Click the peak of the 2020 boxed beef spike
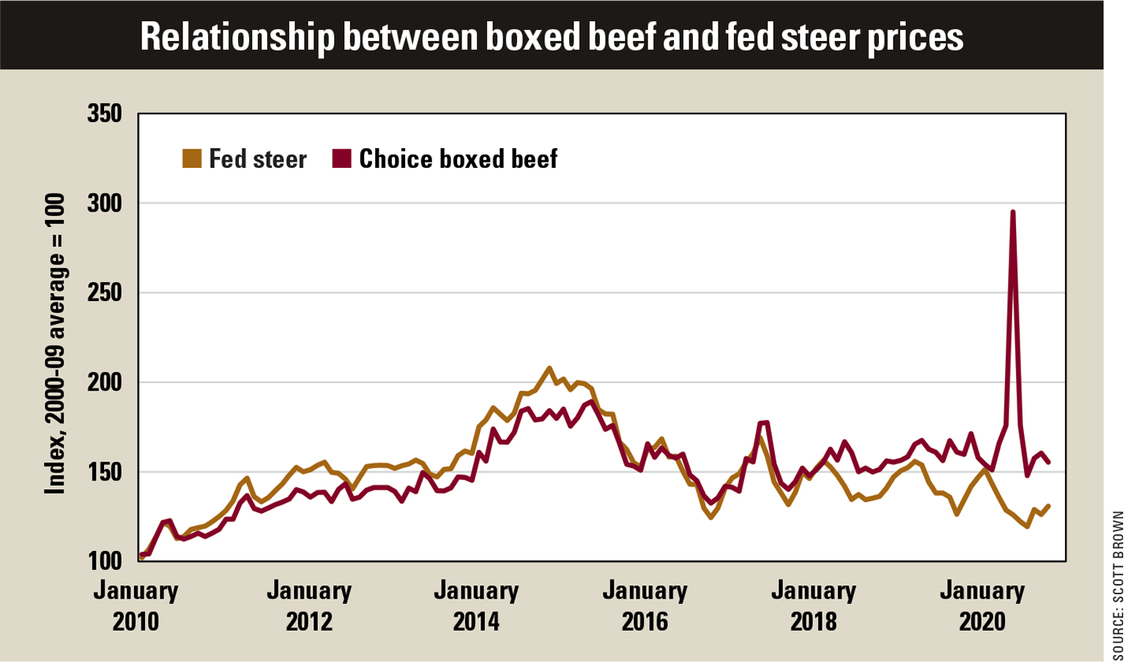[x=1012, y=212]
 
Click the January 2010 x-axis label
[x=136, y=606]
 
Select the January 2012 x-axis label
[x=308, y=606]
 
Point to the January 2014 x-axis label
[x=476, y=606]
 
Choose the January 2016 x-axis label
[x=645, y=606]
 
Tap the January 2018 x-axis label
[x=813, y=606]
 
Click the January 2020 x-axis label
[x=982, y=606]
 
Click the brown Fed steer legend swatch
[x=192, y=159]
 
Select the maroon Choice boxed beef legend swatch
[x=342, y=159]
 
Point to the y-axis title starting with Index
[x=55, y=344]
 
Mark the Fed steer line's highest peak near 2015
[x=549, y=368]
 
